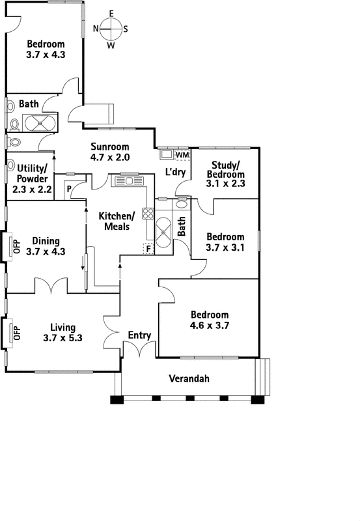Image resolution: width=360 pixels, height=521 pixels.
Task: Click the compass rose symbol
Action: tap(111, 29)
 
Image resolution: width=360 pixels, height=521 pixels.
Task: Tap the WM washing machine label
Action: tap(182, 155)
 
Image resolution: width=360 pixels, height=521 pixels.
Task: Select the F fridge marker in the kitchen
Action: tap(148, 249)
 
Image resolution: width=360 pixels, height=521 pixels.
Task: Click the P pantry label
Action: tap(69, 189)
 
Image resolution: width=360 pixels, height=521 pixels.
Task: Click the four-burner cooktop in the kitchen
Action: tap(148, 214)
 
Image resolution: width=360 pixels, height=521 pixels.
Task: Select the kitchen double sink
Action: tap(129, 181)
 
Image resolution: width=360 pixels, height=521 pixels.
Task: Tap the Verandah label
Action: tap(189, 378)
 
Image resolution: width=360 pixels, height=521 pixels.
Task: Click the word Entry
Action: tap(139, 335)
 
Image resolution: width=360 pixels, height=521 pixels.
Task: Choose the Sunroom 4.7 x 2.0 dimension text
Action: tap(110, 157)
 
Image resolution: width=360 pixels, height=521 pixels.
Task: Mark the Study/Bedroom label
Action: tap(225, 169)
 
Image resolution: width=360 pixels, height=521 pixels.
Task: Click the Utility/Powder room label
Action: tap(32, 173)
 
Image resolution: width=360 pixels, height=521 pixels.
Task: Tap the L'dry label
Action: tap(175, 172)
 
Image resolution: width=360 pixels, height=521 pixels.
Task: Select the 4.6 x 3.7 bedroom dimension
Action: tap(210, 325)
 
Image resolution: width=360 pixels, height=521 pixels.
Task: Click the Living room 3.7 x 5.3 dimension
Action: tap(62, 338)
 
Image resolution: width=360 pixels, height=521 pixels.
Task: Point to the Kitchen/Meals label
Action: tap(117, 221)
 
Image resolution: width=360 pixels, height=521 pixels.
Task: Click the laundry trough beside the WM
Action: tap(167, 154)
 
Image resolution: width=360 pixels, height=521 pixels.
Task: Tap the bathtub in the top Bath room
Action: tap(40, 123)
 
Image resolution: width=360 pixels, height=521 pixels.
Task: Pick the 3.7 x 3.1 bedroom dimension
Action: tap(225, 247)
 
